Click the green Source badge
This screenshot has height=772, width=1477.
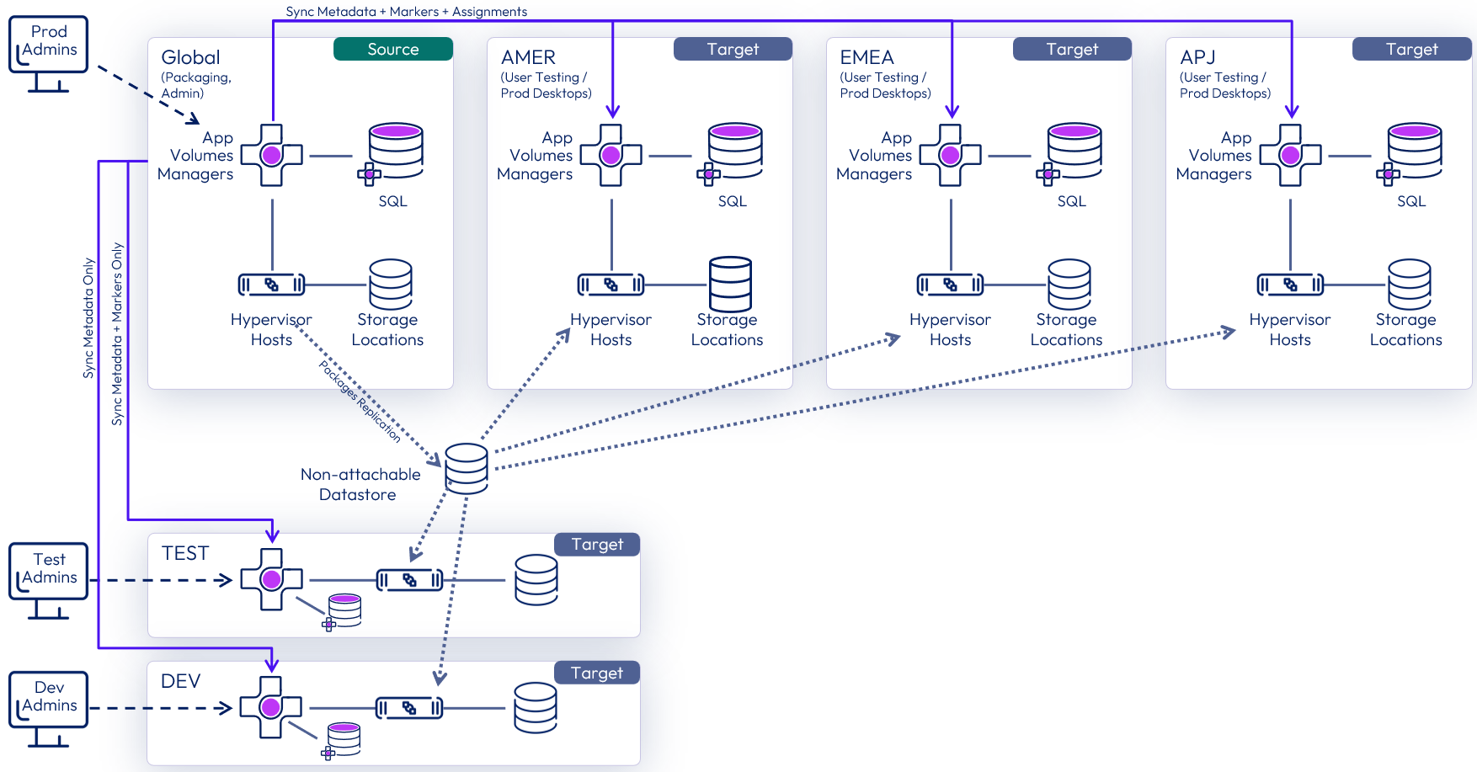click(x=392, y=49)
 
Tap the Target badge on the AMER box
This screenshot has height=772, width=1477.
click(x=733, y=49)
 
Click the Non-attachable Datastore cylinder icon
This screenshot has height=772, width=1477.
click(x=466, y=468)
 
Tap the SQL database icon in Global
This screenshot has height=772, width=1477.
click(x=395, y=152)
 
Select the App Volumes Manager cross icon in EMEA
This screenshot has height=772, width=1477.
click(x=950, y=155)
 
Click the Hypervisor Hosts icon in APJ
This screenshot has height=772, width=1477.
click(x=1289, y=285)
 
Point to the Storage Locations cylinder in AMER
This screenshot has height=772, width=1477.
click(x=730, y=285)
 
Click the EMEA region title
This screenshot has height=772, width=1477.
click(x=866, y=57)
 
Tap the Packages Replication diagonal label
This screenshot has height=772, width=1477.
click(x=360, y=401)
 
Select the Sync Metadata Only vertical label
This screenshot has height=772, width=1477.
click(x=88, y=318)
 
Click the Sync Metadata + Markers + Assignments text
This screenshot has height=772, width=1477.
click(x=406, y=12)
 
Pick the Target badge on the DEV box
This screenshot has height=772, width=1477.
click(x=597, y=673)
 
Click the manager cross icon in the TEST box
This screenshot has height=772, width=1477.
click(x=271, y=579)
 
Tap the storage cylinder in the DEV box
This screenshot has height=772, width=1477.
click(x=536, y=707)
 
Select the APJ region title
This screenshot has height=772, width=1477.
click(x=1197, y=57)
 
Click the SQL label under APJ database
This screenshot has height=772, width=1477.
click(x=1410, y=201)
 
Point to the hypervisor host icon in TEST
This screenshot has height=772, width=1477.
click(x=409, y=580)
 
